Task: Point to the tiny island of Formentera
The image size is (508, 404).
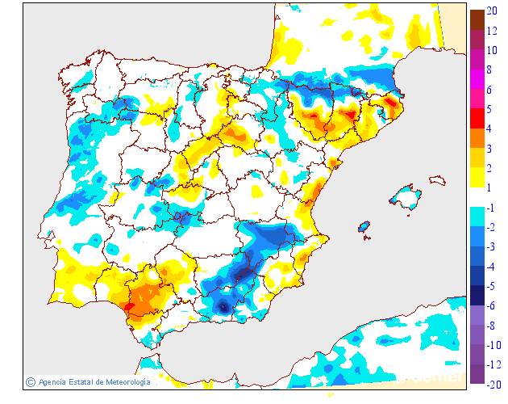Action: tap(368, 237)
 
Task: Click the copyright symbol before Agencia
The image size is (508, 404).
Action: tap(30, 382)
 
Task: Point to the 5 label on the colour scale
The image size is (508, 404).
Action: tap(490, 109)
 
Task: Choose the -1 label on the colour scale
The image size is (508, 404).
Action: tap(492, 208)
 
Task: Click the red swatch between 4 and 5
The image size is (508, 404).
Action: tap(477, 118)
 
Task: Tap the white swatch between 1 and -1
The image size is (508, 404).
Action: tap(477, 197)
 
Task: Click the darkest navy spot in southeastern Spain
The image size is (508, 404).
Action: tap(224, 307)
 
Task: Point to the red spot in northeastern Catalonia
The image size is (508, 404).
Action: tap(393, 103)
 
